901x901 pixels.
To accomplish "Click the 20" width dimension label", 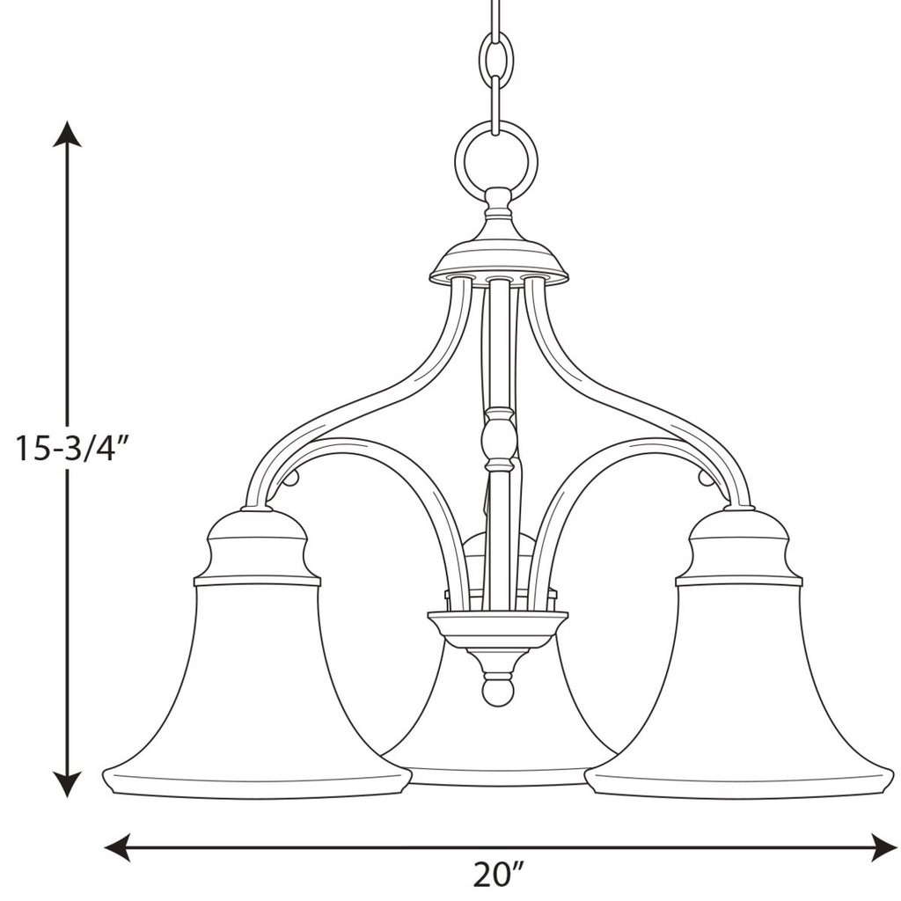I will (x=498, y=875).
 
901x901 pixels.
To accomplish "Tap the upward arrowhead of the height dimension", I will (x=67, y=134).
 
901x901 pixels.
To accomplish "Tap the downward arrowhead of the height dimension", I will (x=67, y=784).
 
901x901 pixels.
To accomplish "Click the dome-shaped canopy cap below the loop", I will (x=498, y=255).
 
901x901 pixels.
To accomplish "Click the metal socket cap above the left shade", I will (x=256, y=546).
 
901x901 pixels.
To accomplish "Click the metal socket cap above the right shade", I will (x=738, y=546).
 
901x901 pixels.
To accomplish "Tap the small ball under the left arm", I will (x=291, y=478).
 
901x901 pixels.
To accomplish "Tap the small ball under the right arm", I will (x=705, y=478).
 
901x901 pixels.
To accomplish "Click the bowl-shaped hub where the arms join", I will (x=498, y=627).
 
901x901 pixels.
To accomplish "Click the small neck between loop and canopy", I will (x=498, y=203).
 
